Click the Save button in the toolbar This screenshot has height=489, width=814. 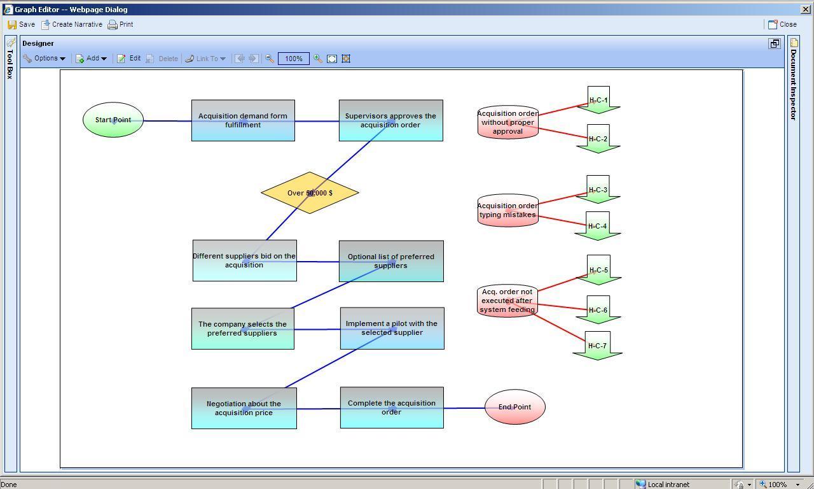coord(21,24)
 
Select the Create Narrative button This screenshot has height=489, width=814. coord(71,24)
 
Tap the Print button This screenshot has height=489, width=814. coord(120,24)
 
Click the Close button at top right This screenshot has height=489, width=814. coord(782,24)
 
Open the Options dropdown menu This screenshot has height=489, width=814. coord(45,59)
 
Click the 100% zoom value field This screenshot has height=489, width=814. coord(293,59)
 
